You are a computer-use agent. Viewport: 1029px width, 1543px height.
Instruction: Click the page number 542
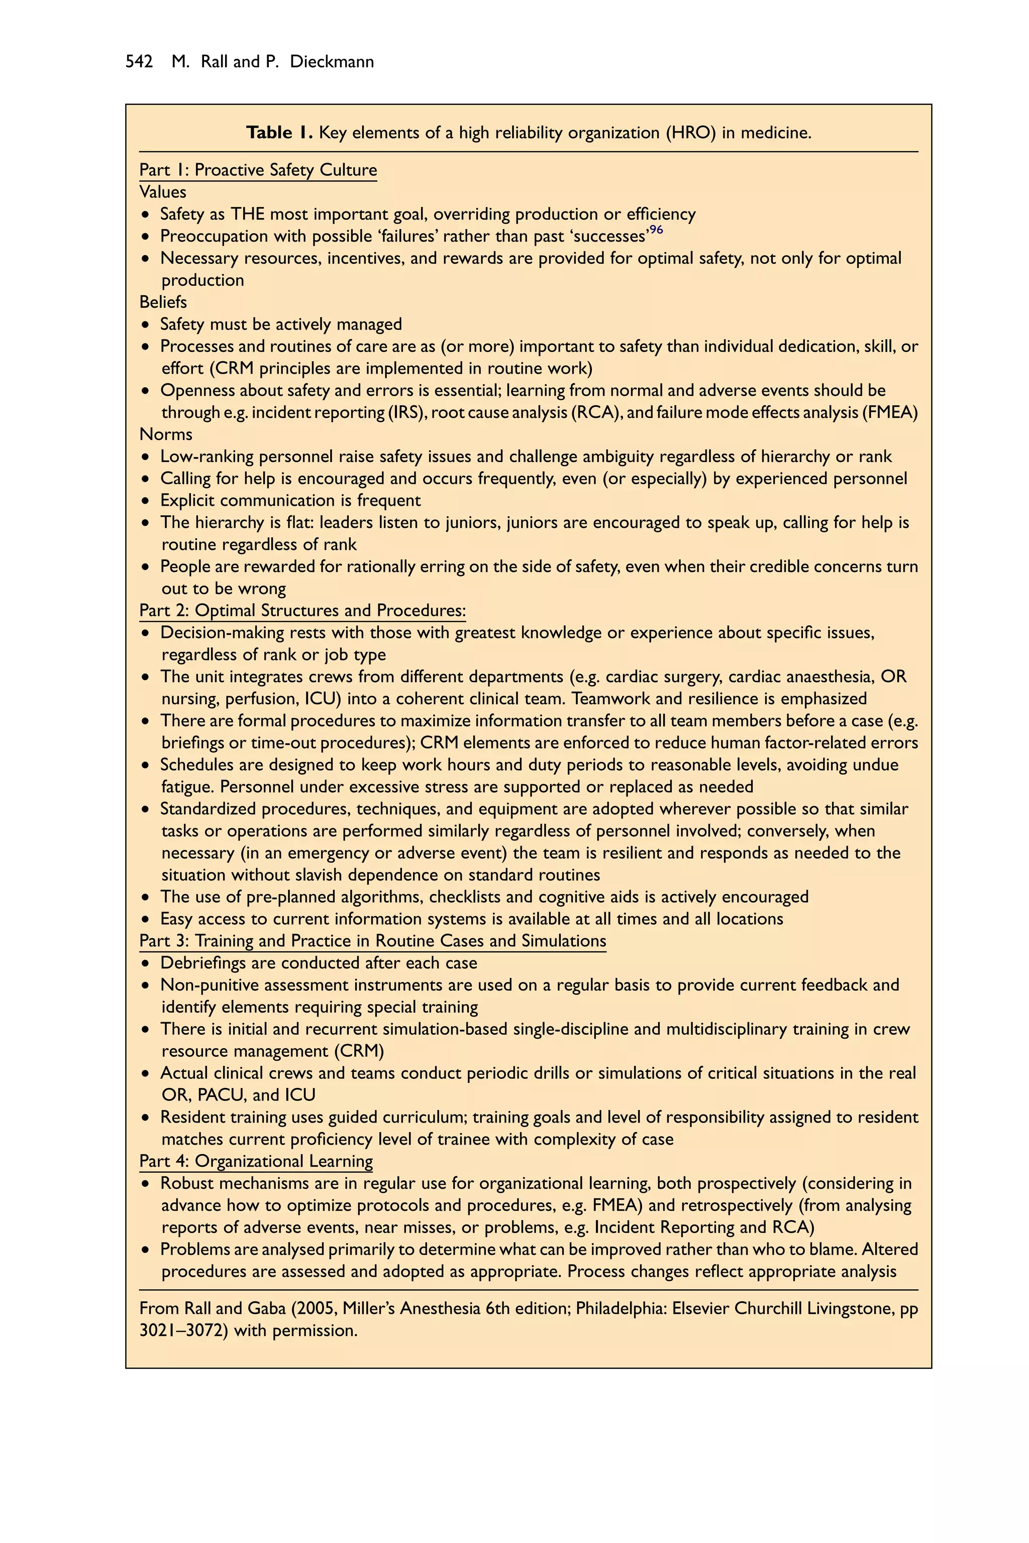(x=139, y=62)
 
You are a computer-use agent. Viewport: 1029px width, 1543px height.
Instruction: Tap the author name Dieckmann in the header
(x=332, y=62)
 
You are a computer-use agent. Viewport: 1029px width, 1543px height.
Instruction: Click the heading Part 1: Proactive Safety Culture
(x=258, y=170)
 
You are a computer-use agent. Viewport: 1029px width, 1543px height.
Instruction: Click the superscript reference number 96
(x=656, y=230)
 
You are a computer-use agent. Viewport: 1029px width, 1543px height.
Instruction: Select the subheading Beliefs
(x=163, y=302)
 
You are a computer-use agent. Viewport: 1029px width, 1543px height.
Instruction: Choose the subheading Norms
(x=165, y=434)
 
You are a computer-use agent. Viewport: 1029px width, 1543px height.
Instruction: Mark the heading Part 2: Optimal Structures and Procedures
(x=302, y=611)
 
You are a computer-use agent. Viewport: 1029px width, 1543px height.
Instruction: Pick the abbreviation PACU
(x=222, y=1095)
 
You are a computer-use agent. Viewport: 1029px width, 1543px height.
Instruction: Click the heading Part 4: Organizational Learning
(x=256, y=1161)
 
